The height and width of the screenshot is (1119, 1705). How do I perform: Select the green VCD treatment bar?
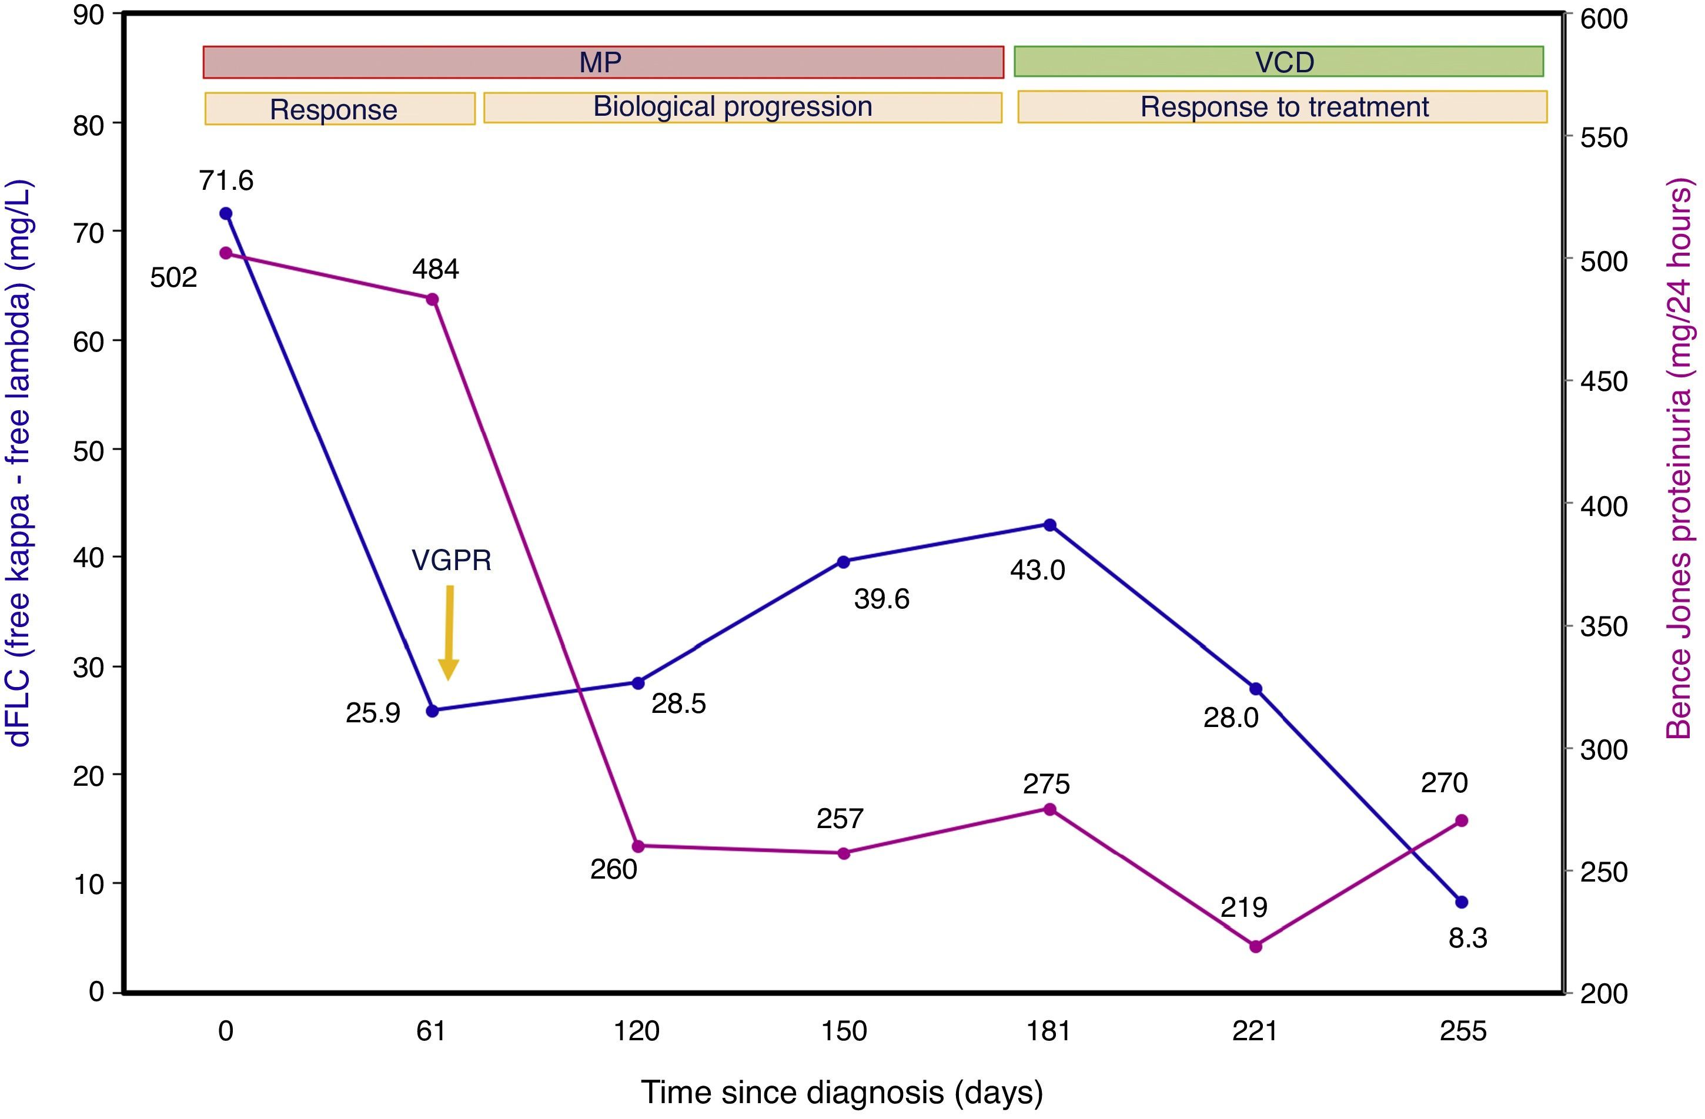(x=1279, y=62)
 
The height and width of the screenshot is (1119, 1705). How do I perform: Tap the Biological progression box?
(x=742, y=108)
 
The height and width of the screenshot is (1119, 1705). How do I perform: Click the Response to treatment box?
(x=1282, y=107)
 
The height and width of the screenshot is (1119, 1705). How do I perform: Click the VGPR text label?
(x=452, y=561)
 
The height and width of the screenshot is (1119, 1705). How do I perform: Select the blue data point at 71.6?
(x=226, y=213)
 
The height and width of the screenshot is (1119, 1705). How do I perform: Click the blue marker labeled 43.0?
(x=1049, y=525)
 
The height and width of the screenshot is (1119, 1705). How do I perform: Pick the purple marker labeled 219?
(x=1255, y=946)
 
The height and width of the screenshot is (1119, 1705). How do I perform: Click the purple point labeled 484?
(x=432, y=299)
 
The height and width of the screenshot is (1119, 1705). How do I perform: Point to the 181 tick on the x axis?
(x=1049, y=1031)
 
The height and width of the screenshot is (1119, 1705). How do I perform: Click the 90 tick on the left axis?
(x=88, y=15)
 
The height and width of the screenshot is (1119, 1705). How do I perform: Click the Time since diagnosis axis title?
(x=842, y=1093)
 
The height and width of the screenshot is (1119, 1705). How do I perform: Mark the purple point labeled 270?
(x=1462, y=820)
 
